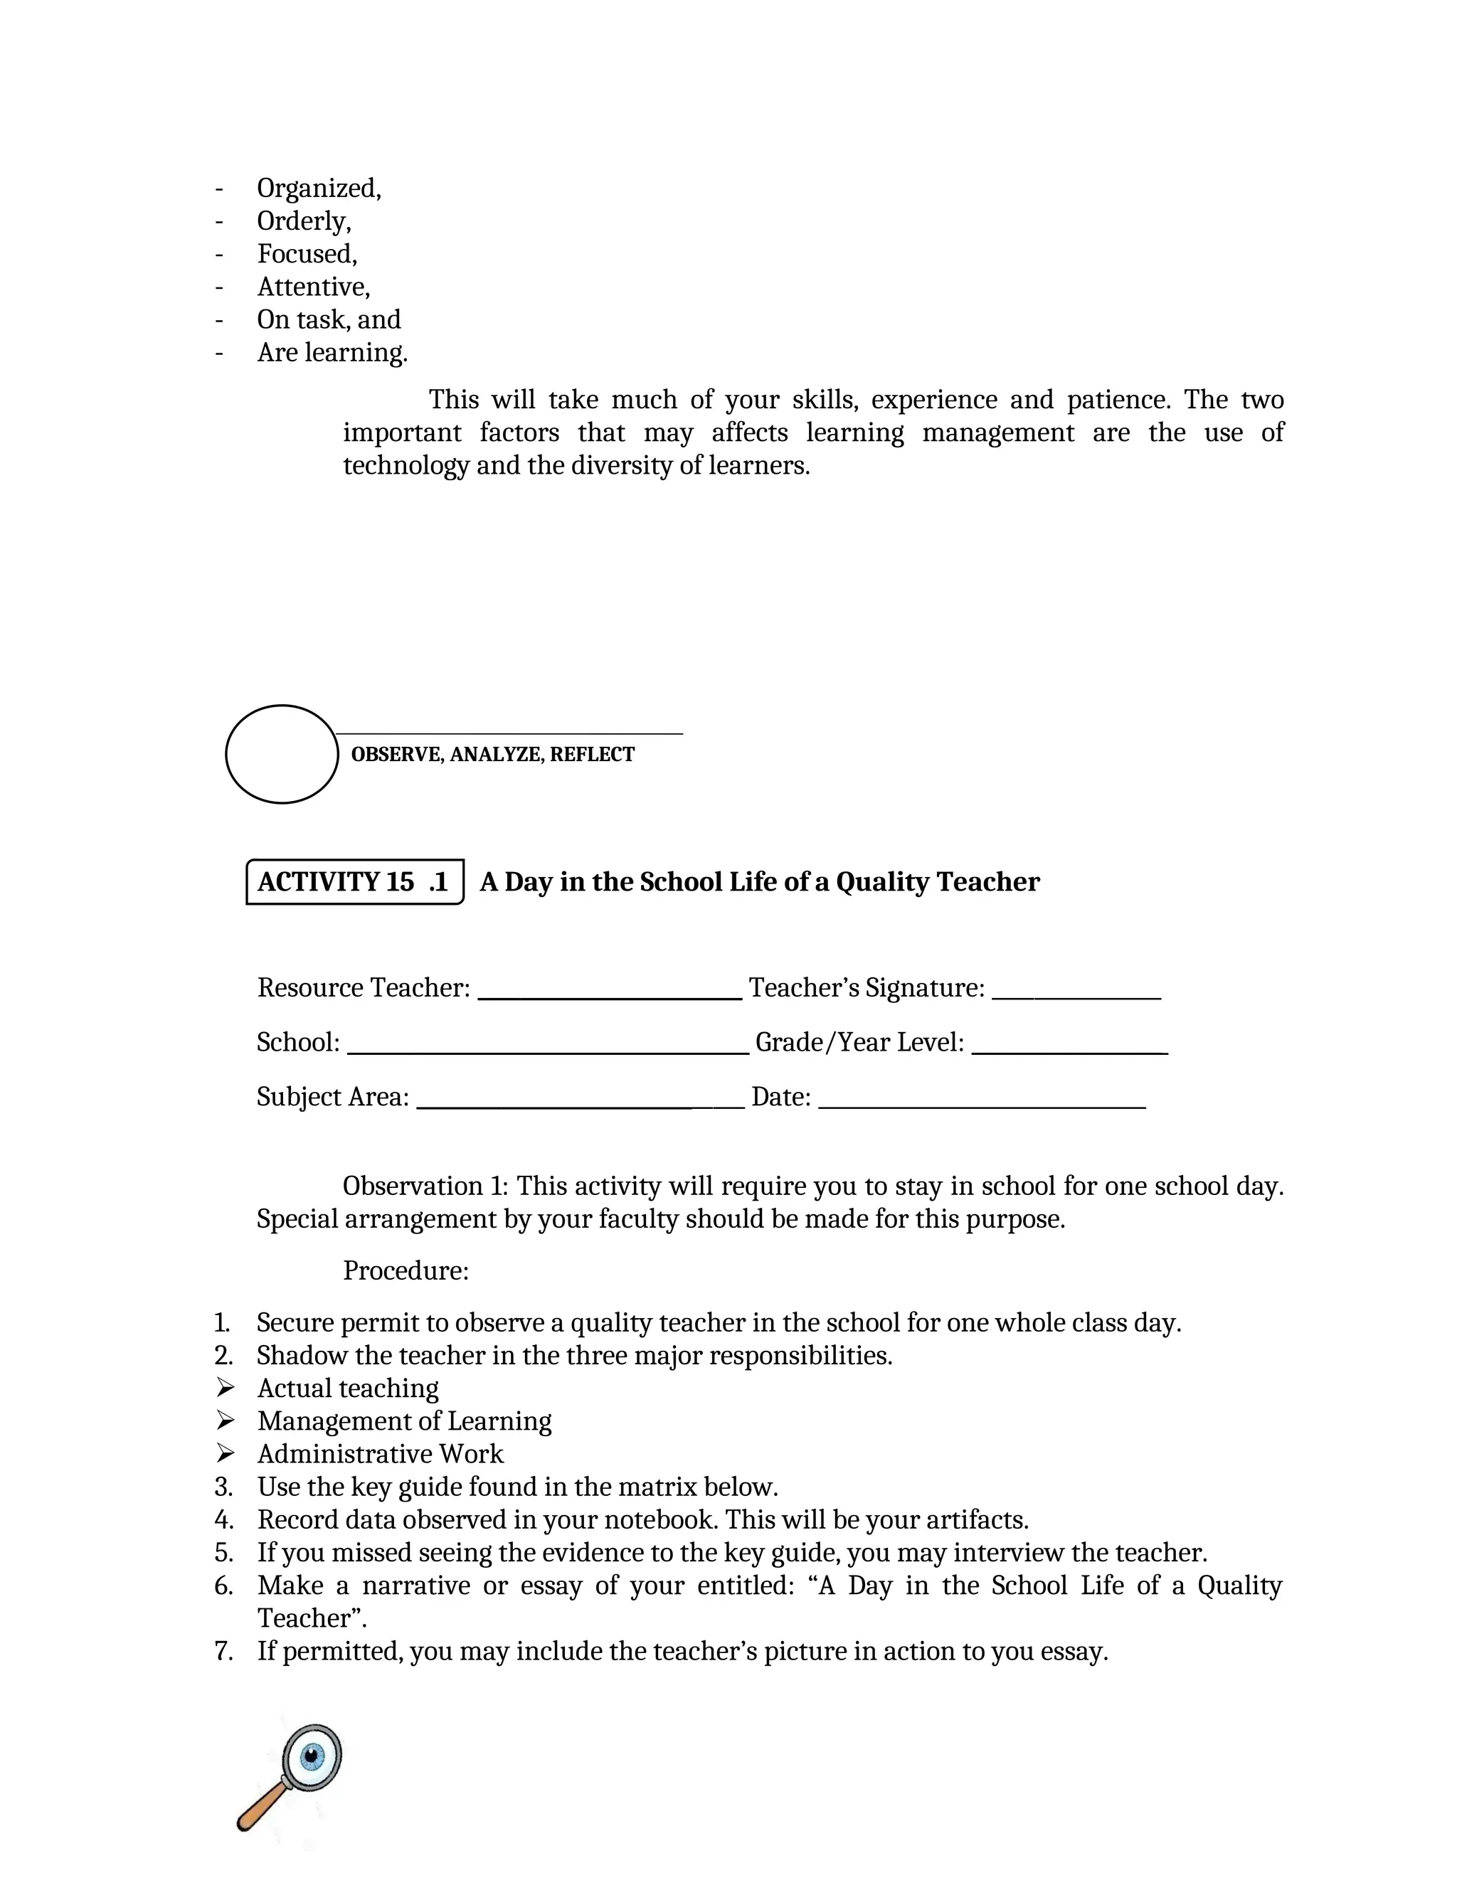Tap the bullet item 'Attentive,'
point(313,287)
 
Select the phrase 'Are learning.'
point(332,352)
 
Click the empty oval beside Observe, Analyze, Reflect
point(282,754)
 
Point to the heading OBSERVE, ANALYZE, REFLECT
point(492,754)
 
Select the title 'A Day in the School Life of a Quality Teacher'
point(760,882)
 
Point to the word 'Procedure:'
point(406,1270)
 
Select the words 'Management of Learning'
point(404,1421)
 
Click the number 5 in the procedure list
point(223,1553)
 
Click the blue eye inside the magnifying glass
point(312,1756)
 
